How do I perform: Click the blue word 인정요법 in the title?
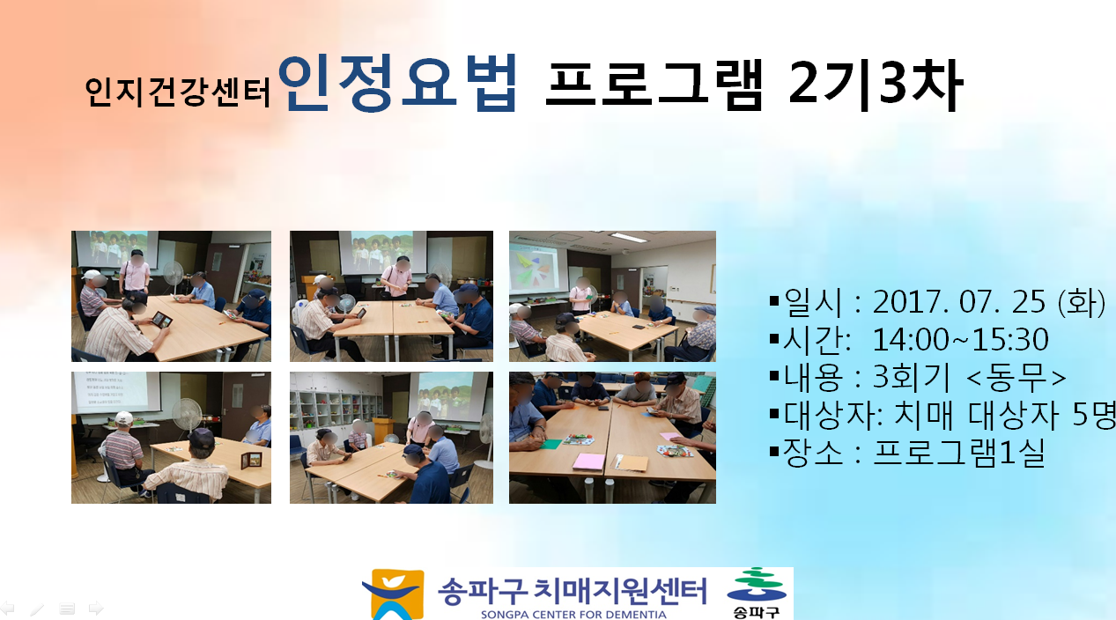[x=398, y=83]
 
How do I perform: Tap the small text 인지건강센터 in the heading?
[x=178, y=92]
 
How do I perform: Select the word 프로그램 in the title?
[x=654, y=84]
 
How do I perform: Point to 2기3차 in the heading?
[x=876, y=85]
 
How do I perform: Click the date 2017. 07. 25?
[x=958, y=302]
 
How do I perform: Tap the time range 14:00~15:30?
[x=961, y=340]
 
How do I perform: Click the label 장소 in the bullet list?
[x=813, y=452]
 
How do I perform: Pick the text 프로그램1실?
[x=958, y=452]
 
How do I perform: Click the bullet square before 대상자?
[x=773, y=413]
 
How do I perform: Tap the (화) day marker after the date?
[x=1082, y=302]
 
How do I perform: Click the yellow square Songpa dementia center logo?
[x=394, y=594]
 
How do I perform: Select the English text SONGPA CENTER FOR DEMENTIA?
[x=573, y=615]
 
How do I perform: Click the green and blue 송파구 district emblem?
[x=757, y=593]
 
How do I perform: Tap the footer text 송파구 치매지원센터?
[x=573, y=591]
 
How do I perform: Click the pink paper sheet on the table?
[x=589, y=461]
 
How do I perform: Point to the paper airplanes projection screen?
[x=538, y=268]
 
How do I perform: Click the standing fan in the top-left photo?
[x=174, y=278]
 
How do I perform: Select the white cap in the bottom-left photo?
[x=123, y=417]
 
